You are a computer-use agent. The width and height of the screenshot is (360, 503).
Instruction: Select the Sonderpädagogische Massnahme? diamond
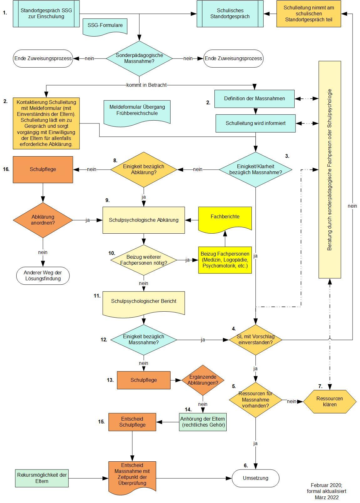coord(139,58)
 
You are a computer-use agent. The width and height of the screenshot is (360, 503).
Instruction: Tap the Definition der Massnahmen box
coord(254,99)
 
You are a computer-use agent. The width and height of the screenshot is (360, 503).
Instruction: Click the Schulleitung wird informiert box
coord(255,123)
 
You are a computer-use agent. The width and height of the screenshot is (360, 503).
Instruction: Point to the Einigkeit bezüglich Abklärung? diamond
coord(144,169)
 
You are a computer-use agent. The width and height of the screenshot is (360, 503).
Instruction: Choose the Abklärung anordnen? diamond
coord(43,220)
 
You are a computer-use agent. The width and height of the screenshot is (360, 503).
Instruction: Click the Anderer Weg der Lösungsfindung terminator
coord(43,276)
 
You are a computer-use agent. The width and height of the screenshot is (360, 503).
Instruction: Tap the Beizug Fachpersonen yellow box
coord(225,260)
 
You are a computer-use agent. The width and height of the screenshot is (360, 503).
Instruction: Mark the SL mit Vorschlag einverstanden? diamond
coord(255,340)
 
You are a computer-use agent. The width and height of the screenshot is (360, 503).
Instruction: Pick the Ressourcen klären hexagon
coord(330,402)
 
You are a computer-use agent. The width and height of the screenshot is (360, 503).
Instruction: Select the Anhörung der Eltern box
coord(203,422)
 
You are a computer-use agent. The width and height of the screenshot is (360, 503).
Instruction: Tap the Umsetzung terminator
coord(255,478)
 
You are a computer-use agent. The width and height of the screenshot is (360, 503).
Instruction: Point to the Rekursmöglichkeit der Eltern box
coord(42,478)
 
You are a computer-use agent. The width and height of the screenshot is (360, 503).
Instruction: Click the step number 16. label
coord(6,169)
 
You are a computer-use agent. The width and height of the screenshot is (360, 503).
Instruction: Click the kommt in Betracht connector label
coord(146,85)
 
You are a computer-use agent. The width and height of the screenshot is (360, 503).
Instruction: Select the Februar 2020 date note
coord(327,491)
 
